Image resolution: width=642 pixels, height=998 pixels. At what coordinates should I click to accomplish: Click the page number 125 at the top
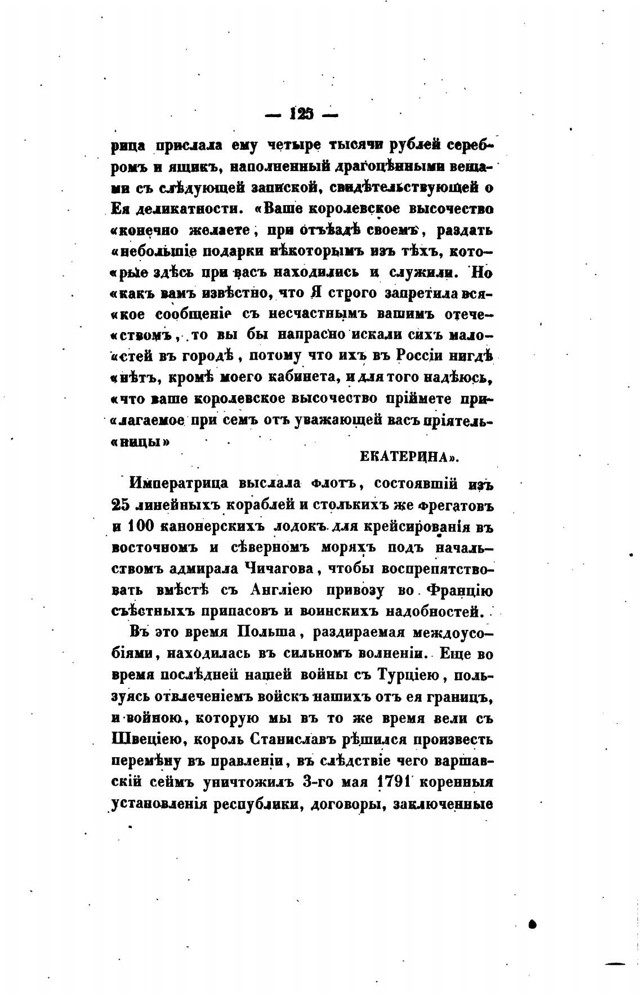[x=301, y=114]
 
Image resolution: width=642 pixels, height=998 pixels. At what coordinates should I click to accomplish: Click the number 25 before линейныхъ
[x=121, y=505]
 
